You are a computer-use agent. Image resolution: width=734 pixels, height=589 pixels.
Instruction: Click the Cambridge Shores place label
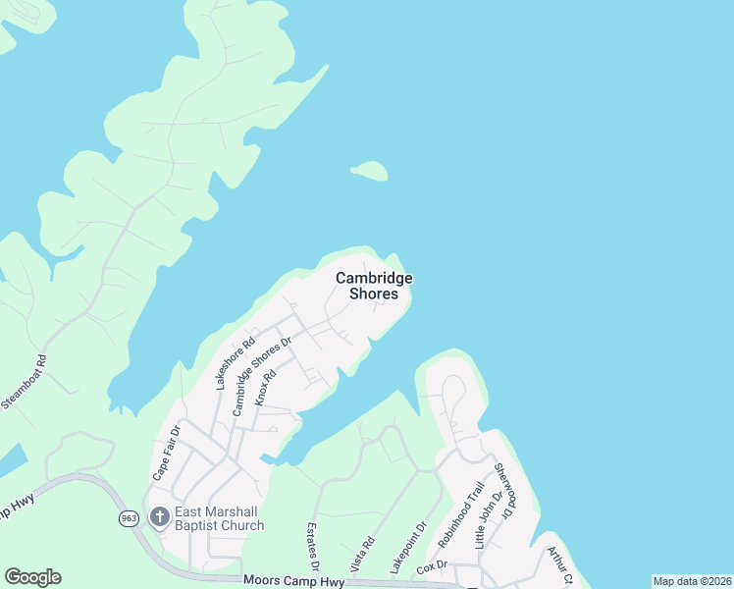374,286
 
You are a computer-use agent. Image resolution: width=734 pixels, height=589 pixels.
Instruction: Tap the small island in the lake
369,172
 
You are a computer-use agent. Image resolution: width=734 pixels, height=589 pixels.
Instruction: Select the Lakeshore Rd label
236,363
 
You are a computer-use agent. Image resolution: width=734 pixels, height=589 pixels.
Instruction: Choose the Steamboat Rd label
26,383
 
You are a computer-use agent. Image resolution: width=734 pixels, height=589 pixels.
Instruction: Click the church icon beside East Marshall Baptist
159,516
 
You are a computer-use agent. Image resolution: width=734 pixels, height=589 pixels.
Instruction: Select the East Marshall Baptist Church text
219,518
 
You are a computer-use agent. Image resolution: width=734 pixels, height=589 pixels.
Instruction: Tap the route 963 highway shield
129,519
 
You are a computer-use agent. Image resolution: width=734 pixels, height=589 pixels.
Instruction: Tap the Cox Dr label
432,565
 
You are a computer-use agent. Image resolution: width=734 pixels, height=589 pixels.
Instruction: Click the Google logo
32,577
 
